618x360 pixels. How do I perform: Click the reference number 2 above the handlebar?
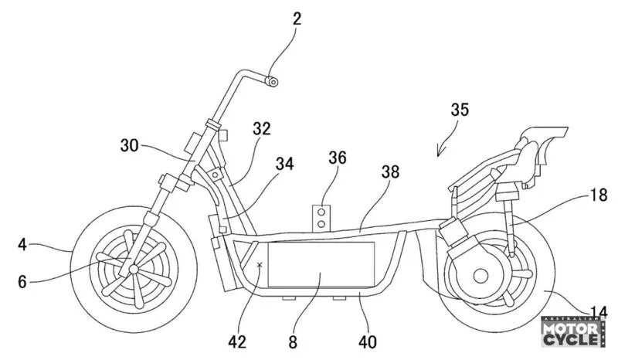(x=297, y=19)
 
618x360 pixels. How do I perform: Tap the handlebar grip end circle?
(x=272, y=82)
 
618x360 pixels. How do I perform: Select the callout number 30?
(x=130, y=146)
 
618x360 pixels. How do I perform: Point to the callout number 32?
(x=262, y=129)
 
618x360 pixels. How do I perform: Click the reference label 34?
(x=284, y=164)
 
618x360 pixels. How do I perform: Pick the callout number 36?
(x=338, y=158)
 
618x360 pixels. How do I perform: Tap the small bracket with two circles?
(x=321, y=218)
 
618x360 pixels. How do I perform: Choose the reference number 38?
(x=390, y=172)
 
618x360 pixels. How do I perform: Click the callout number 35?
(x=460, y=110)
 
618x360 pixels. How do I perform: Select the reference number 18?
(x=598, y=195)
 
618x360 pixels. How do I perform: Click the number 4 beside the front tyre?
(x=22, y=245)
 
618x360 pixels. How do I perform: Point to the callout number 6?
(x=22, y=282)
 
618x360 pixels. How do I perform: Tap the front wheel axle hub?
(x=134, y=269)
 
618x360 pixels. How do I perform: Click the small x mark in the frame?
(x=260, y=265)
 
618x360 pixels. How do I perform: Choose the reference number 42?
(x=237, y=342)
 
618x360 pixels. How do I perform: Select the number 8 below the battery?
(x=293, y=342)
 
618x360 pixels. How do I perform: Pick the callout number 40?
(x=368, y=342)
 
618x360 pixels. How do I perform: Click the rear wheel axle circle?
(x=480, y=276)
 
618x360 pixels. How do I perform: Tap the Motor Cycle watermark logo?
(x=573, y=332)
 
